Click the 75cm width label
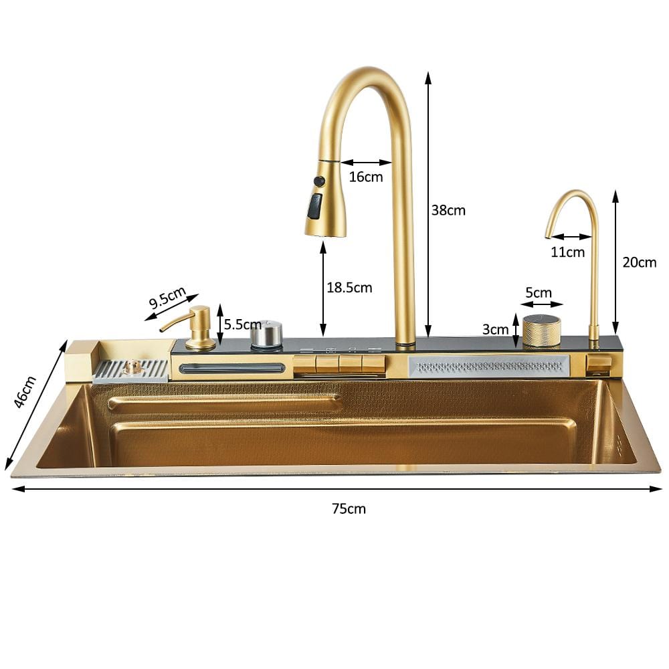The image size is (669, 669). [349, 508]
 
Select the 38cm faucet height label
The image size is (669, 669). [448, 210]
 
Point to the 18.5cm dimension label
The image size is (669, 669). [349, 288]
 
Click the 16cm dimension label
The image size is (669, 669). [366, 177]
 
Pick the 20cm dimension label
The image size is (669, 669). [639, 262]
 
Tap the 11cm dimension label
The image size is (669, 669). [568, 252]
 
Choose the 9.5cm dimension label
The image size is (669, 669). [167, 296]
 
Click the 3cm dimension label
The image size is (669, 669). [496, 329]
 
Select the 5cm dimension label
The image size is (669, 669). [538, 293]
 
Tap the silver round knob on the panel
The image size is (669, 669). [266, 334]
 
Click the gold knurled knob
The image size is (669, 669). [541, 330]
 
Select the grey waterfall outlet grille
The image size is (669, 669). [489, 366]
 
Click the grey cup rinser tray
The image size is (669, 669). [130, 371]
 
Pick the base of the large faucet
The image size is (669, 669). [405, 343]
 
